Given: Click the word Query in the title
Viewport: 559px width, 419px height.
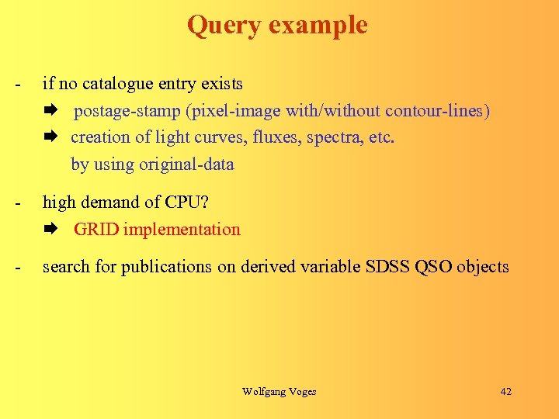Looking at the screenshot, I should [224, 26].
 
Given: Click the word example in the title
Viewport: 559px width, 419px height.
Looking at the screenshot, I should [318, 26].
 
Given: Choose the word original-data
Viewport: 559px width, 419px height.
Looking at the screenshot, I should [186, 164].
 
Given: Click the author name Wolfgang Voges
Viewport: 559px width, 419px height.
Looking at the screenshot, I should [279, 391].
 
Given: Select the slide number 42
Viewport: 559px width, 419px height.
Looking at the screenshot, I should [505, 391].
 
